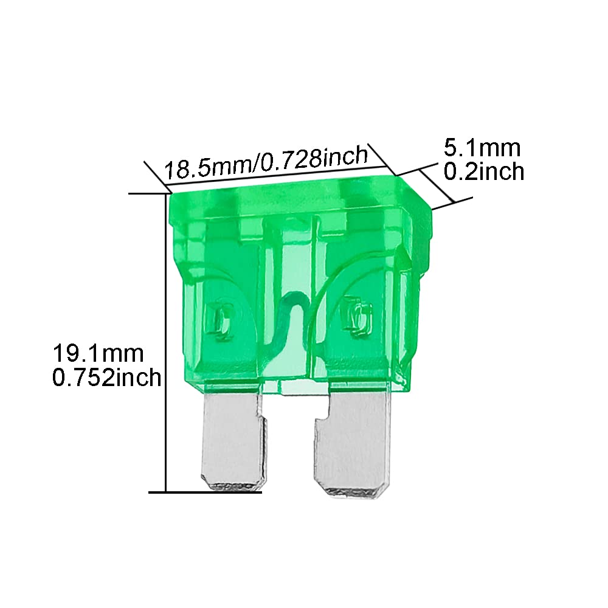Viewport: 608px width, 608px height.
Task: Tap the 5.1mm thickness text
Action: (x=482, y=148)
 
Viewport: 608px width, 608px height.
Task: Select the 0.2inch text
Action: (x=483, y=172)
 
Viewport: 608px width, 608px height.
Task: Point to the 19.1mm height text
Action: (x=98, y=352)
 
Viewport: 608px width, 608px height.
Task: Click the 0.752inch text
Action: (x=106, y=378)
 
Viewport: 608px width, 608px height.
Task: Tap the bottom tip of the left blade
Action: (x=234, y=486)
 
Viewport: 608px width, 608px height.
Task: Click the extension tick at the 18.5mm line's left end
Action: (x=155, y=173)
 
